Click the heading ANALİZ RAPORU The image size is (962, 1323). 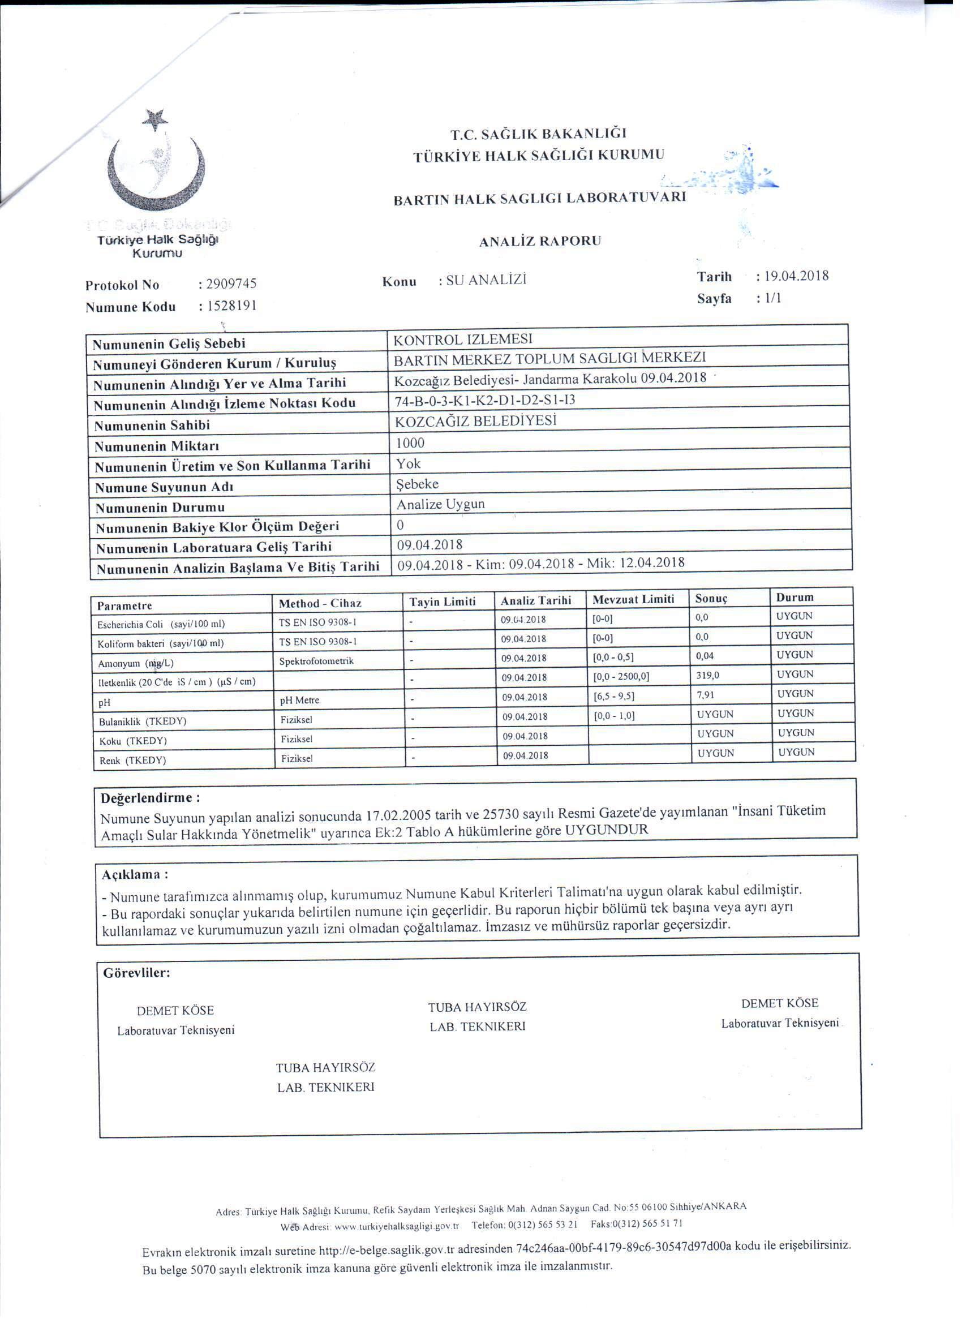click(540, 241)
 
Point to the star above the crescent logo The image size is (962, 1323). click(155, 119)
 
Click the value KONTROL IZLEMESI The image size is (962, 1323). click(463, 339)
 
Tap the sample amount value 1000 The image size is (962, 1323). click(411, 443)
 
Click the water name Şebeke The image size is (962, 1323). click(418, 484)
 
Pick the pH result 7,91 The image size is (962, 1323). click(705, 695)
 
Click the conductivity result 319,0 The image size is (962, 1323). click(708, 675)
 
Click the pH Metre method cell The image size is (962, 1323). click(300, 700)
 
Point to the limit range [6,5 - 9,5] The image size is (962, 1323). click(614, 696)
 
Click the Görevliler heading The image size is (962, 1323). click(136, 973)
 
